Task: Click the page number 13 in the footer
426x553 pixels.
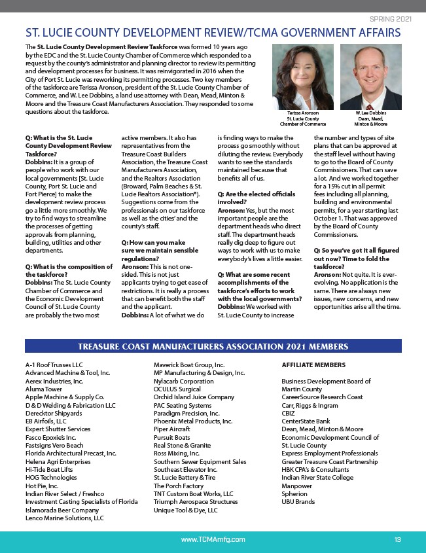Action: pyautogui.click(x=398, y=539)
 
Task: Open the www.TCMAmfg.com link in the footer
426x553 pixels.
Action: pyautogui.click(x=213, y=539)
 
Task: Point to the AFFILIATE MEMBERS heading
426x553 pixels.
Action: pyautogui.click(x=309, y=365)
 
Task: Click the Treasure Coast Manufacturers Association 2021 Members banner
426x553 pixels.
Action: pyautogui.click(x=213, y=346)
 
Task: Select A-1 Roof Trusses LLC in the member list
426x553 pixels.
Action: pyautogui.click(x=54, y=365)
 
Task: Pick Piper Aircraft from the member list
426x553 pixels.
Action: pyautogui.click(x=172, y=429)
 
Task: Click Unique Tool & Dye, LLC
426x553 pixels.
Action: pyautogui.click(x=186, y=510)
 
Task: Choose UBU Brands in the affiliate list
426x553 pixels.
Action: pyautogui.click(x=298, y=502)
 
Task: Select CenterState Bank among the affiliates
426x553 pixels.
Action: pyautogui.click(x=306, y=421)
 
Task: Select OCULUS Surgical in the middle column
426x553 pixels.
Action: pyautogui.click(x=177, y=389)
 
